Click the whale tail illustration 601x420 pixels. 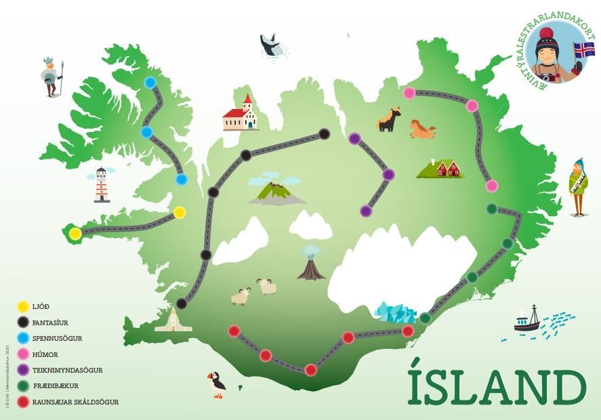tap(272, 46)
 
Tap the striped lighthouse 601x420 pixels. tap(102, 185)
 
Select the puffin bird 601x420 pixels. tap(217, 383)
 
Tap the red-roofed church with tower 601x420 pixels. tap(241, 114)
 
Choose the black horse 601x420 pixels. tap(389, 120)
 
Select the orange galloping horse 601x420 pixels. tap(423, 129)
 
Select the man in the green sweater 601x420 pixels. tap(577, 187)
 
